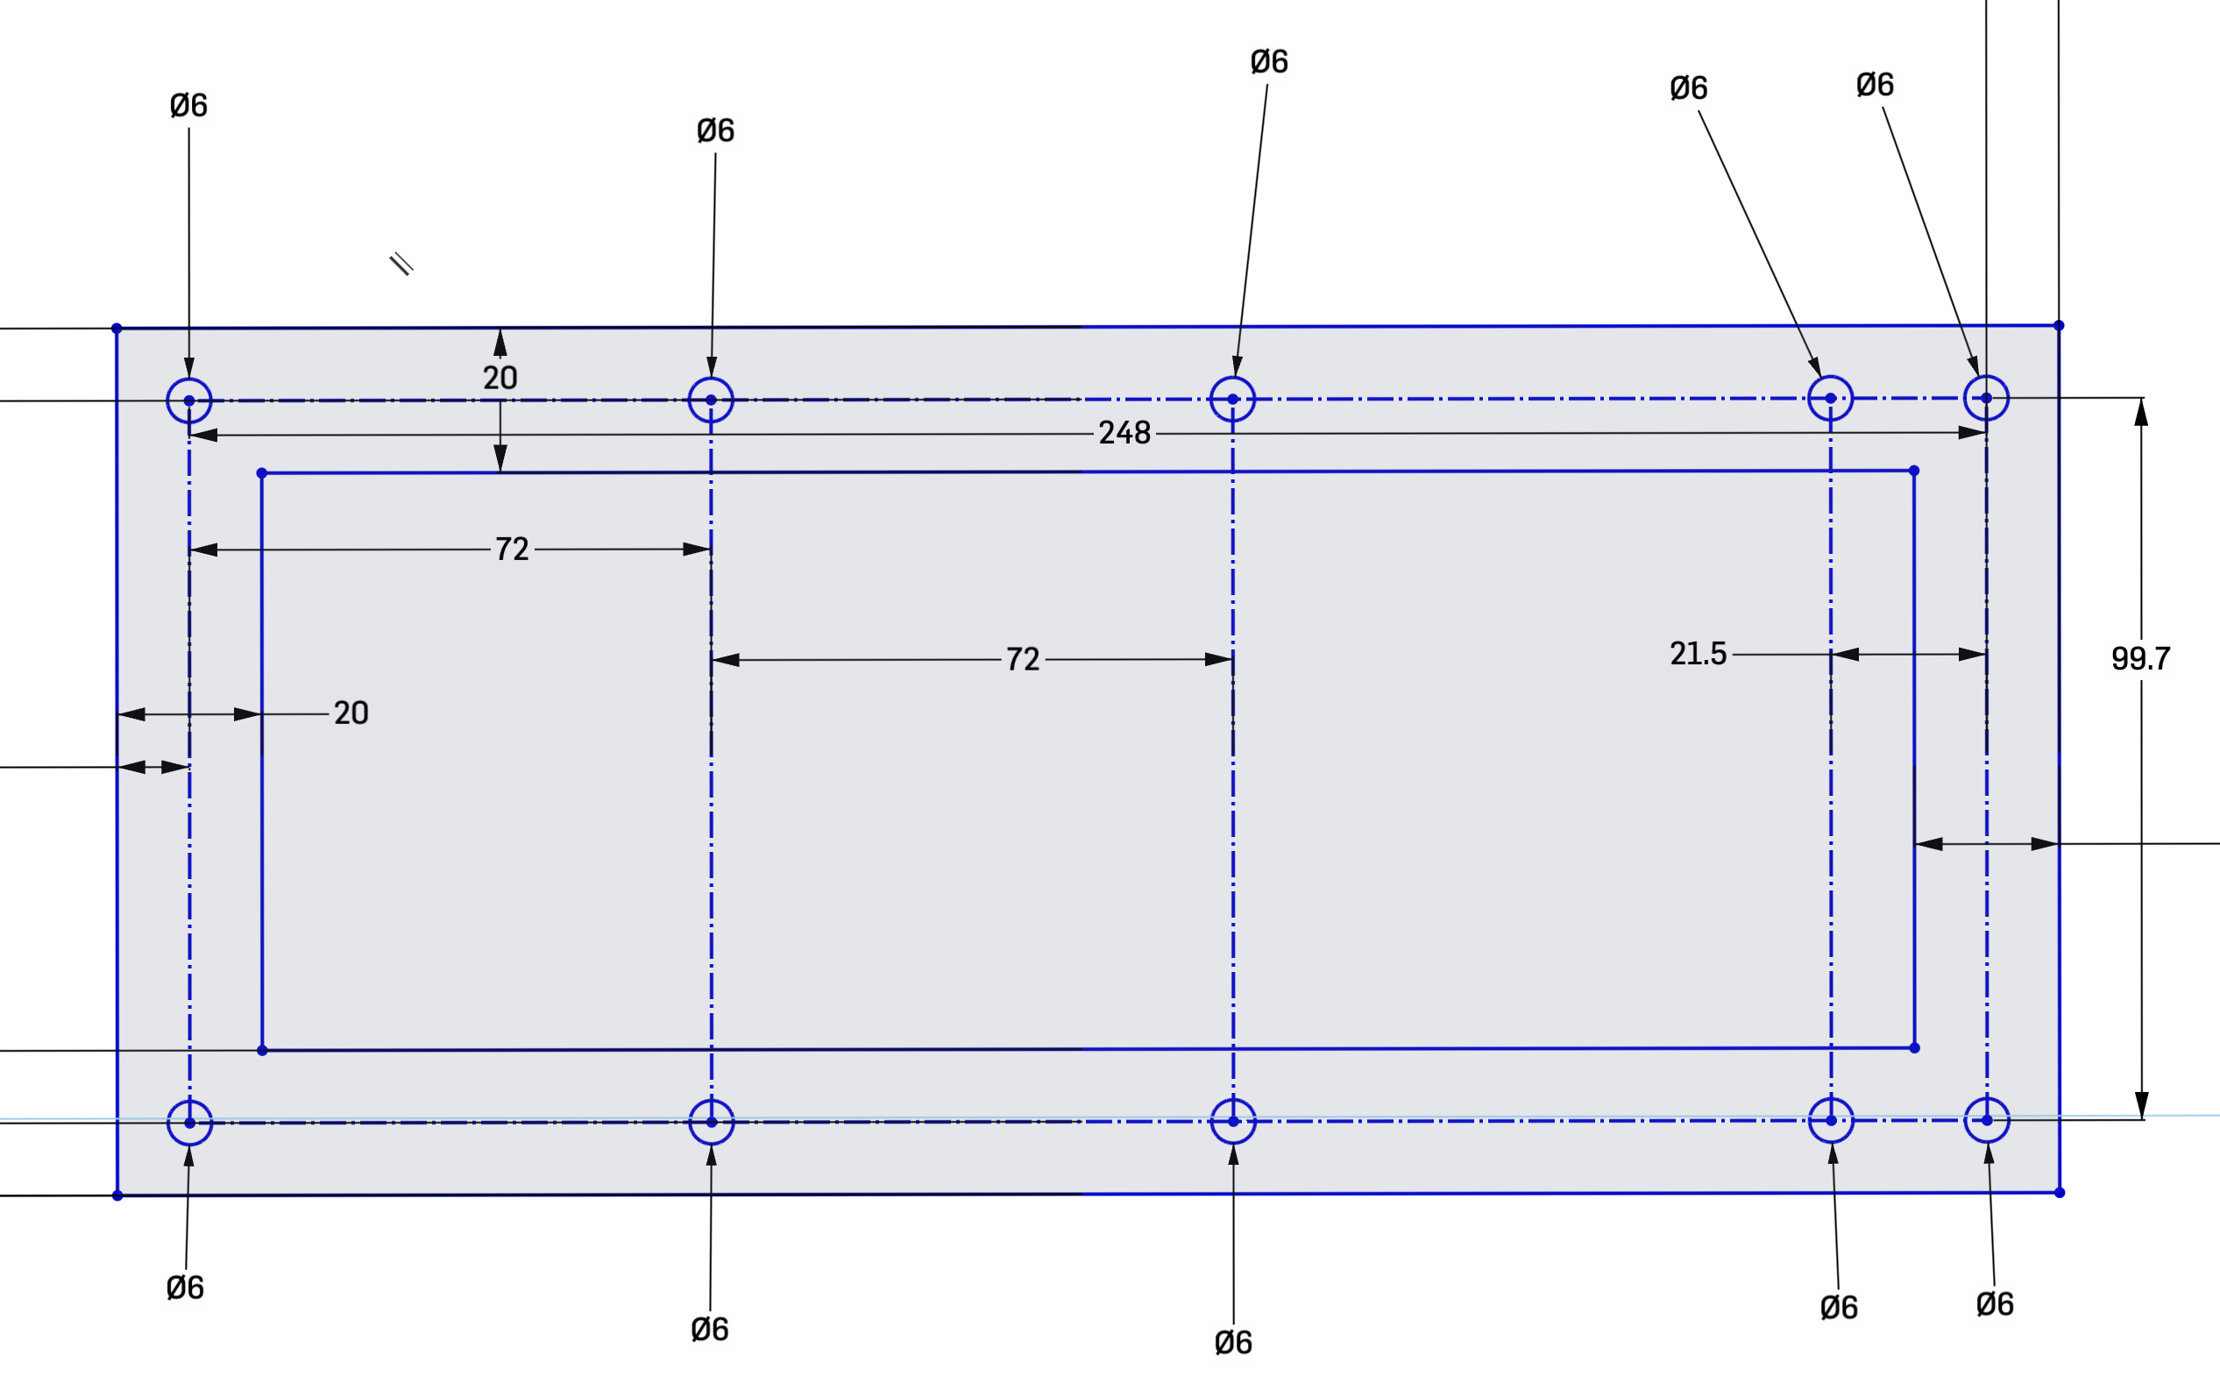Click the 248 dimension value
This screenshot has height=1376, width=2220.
1124,433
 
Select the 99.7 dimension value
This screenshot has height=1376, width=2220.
2141,659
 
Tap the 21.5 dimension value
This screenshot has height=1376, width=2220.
1698,654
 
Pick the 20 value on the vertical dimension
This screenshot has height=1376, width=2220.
500,378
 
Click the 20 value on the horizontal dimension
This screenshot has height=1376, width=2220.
351,713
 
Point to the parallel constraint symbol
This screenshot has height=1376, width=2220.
401,264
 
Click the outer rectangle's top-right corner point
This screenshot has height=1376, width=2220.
2059,325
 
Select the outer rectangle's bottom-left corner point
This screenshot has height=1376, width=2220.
117,1195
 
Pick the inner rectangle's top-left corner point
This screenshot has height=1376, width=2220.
262,473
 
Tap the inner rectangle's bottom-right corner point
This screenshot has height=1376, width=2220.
1914,1048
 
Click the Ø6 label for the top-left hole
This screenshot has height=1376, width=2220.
188,105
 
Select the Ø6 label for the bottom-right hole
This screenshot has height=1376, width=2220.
1996,1304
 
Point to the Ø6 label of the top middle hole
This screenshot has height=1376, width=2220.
1269,62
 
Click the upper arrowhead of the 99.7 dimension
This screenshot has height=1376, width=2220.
2141,411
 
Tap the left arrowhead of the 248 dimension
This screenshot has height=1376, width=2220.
202,435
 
